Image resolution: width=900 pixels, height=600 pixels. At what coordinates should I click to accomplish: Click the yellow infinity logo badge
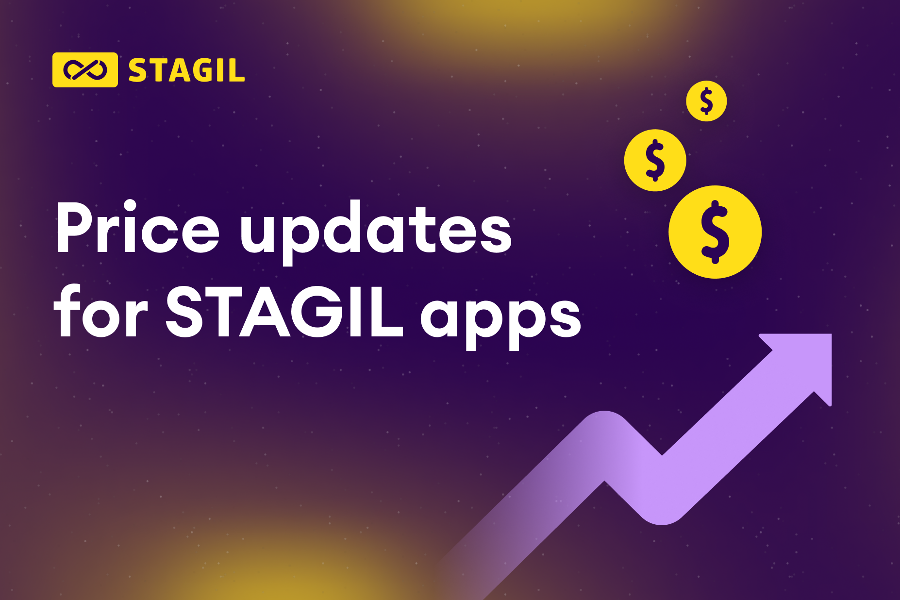(85, 70)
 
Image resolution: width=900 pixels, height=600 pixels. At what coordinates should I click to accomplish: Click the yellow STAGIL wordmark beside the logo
(186, 71)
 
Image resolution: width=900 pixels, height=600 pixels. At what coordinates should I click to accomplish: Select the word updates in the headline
(376, 232)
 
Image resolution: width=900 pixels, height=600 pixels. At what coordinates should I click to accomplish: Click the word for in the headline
(101, 311)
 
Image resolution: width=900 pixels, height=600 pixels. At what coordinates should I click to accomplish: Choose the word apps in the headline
(500, 321)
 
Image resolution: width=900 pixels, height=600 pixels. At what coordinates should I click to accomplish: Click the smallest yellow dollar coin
(706, 101)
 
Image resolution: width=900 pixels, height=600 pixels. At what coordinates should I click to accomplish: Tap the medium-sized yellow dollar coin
(655, 160)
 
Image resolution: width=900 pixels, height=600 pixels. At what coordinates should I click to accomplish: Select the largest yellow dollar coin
(715, 232)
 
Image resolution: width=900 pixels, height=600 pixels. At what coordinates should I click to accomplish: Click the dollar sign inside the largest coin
(715, 232)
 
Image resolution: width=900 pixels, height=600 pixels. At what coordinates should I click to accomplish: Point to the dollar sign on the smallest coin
(706, 101)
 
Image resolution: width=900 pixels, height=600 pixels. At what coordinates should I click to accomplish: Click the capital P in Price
(78, 227)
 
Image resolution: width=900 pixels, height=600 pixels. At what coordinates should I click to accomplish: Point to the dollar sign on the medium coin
(655, 160)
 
